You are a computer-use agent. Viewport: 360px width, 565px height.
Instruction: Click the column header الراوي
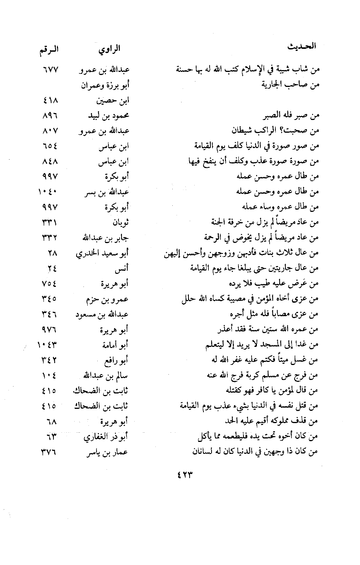[109, 49]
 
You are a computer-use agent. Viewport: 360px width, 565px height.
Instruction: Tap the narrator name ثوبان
[120, 223]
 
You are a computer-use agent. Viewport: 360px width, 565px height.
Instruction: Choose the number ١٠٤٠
[48, 192]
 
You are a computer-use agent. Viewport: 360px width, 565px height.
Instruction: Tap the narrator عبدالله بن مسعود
[102, 314]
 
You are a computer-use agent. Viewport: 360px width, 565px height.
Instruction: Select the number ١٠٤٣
[48, 345]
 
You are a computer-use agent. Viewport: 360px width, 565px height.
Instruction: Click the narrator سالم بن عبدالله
[106, 375]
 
